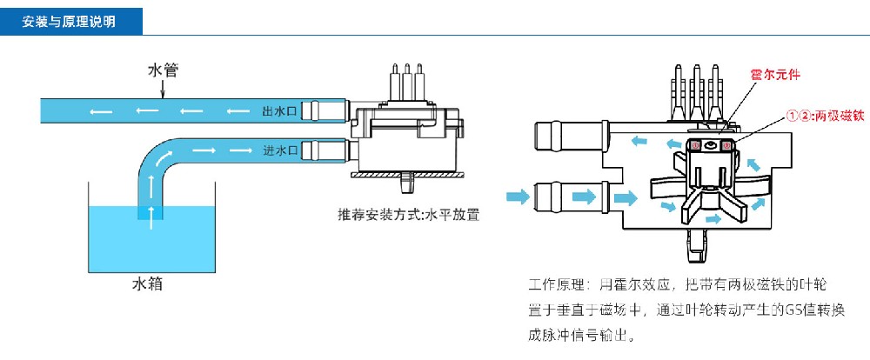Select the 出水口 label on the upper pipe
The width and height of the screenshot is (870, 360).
point(279,111)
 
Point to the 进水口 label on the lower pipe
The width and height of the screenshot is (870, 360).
point(279,150)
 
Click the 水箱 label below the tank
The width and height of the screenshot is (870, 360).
point(147,284)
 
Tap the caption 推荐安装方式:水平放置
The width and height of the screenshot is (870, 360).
point(409,214)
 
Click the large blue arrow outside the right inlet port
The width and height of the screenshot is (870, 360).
point(518,197)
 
